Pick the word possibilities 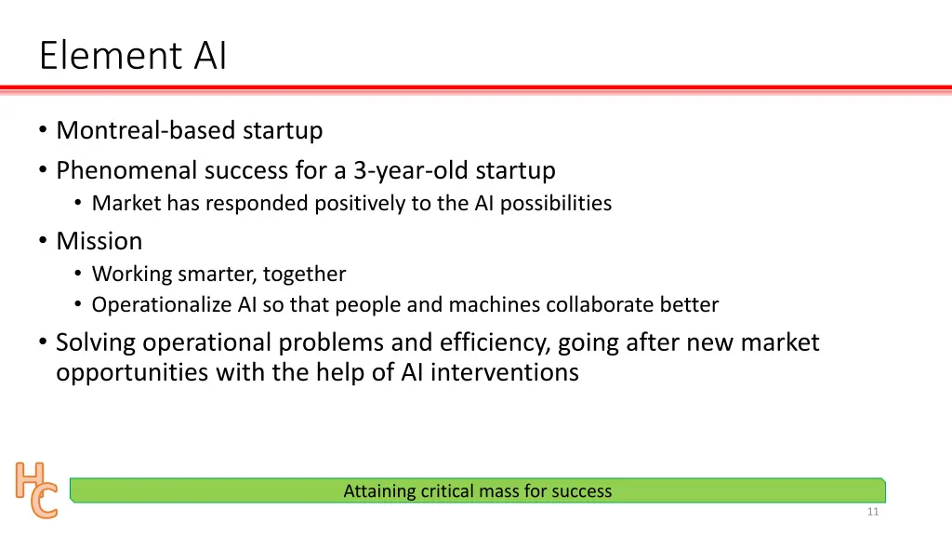(x=555, y=203)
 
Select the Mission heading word (x=99, y=241)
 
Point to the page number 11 (x=871, y=513)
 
